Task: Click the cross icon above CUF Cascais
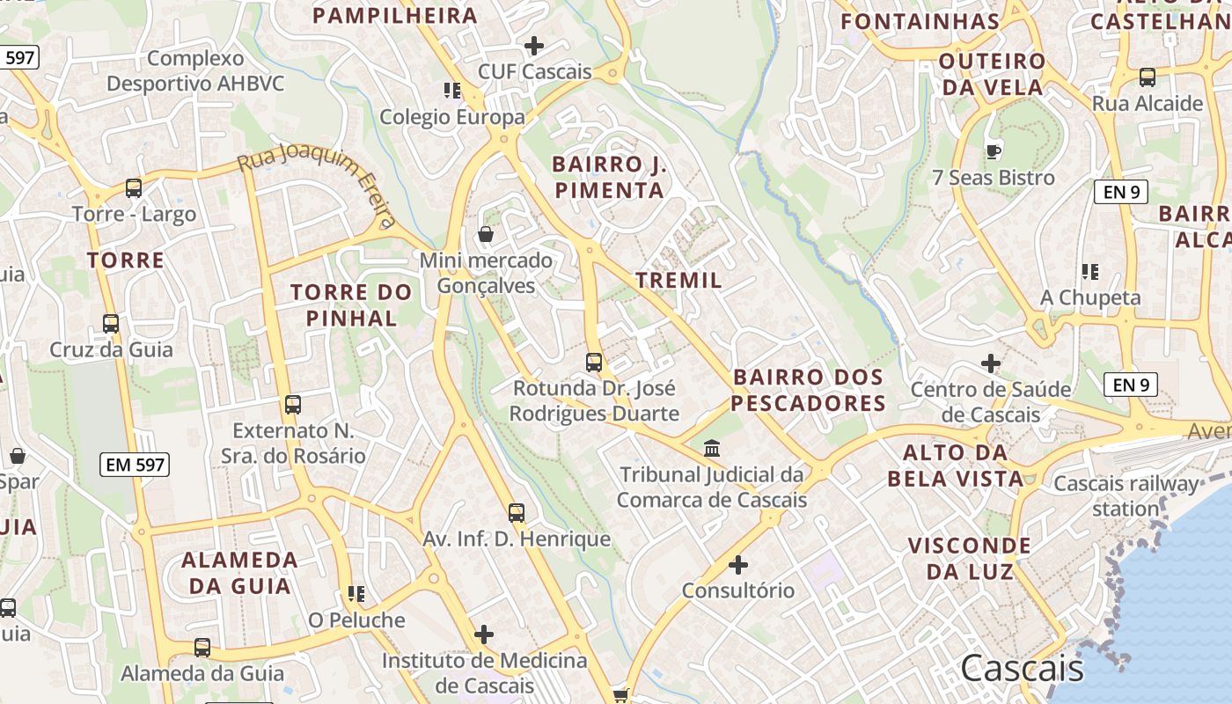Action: (x=534, y=46)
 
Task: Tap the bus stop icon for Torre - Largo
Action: (x=134, y=187)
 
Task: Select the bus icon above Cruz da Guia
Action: (x=111, y=323)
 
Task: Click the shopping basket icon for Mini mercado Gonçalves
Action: (x=485, y=234)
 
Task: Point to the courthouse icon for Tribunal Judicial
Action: (x=712, y=449)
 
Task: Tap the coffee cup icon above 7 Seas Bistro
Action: (x=994, y=151)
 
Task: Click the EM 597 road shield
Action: (x=136, y=465)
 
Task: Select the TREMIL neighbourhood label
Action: (x=678, y=281)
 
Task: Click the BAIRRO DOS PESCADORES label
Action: (x=808, y=390)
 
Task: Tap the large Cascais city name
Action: (x=1022, y=669)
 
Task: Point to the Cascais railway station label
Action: (x=1126, y=495)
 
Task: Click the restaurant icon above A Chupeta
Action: (x=1090, y=272)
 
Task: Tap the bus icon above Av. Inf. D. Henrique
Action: (x=517, y=512)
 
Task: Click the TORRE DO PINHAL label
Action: (x=351, y=304)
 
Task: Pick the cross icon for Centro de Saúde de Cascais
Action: (x=991, y=363)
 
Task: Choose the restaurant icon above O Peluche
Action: (x=356, y=594)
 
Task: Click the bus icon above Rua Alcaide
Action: (x=1148, y=77)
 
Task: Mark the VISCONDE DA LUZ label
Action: (x=969, y=558)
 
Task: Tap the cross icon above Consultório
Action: (x=738, y=564)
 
